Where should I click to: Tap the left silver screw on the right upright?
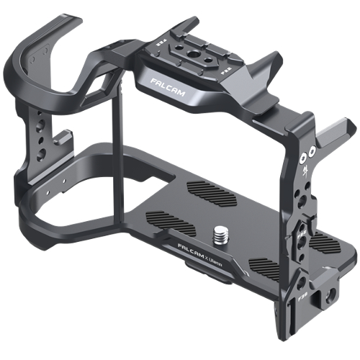click(x=304, y=155)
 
